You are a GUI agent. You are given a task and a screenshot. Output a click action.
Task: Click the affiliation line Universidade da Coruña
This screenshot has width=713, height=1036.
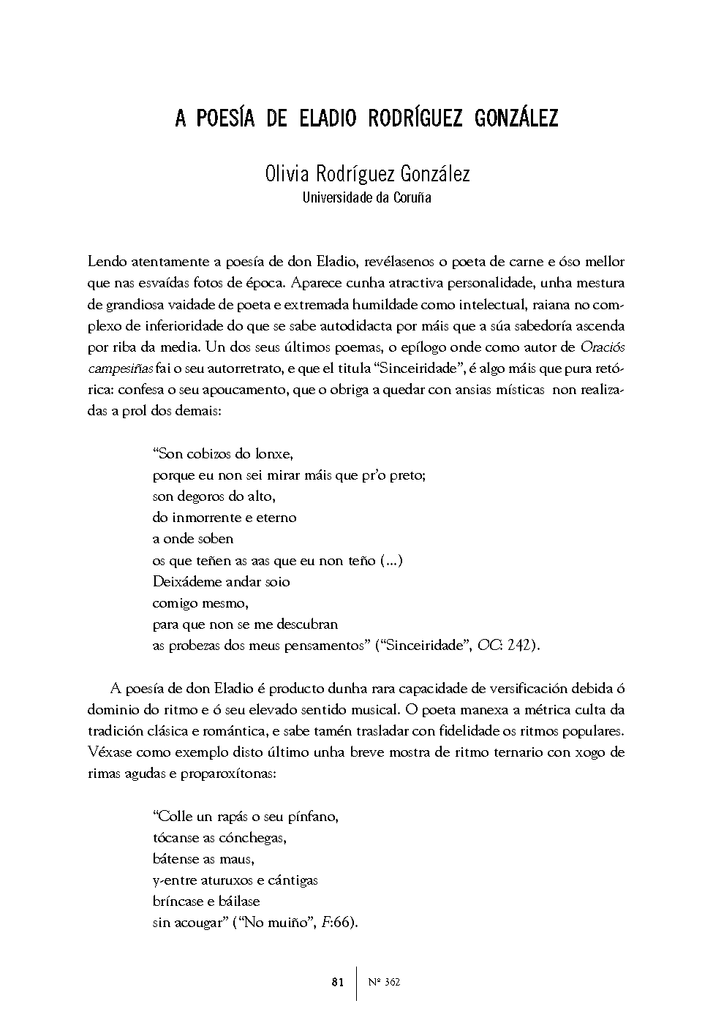coord(366,197)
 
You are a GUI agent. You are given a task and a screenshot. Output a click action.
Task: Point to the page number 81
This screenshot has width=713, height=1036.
coord(337,983)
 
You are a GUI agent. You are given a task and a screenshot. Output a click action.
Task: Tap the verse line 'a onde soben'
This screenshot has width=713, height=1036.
coord(193,539)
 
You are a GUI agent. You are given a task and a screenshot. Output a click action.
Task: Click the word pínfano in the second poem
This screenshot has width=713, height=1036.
coord(315,816)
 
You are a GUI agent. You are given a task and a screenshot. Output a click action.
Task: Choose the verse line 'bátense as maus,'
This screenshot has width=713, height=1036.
coord(203,859)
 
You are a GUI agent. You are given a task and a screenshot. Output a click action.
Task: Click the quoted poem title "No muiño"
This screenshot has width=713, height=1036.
coord(273,923)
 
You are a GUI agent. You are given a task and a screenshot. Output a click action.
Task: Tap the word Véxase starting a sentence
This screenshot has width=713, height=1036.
coord(108,752)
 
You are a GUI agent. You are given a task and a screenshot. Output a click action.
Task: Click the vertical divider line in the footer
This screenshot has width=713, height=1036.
coord(357,983)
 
